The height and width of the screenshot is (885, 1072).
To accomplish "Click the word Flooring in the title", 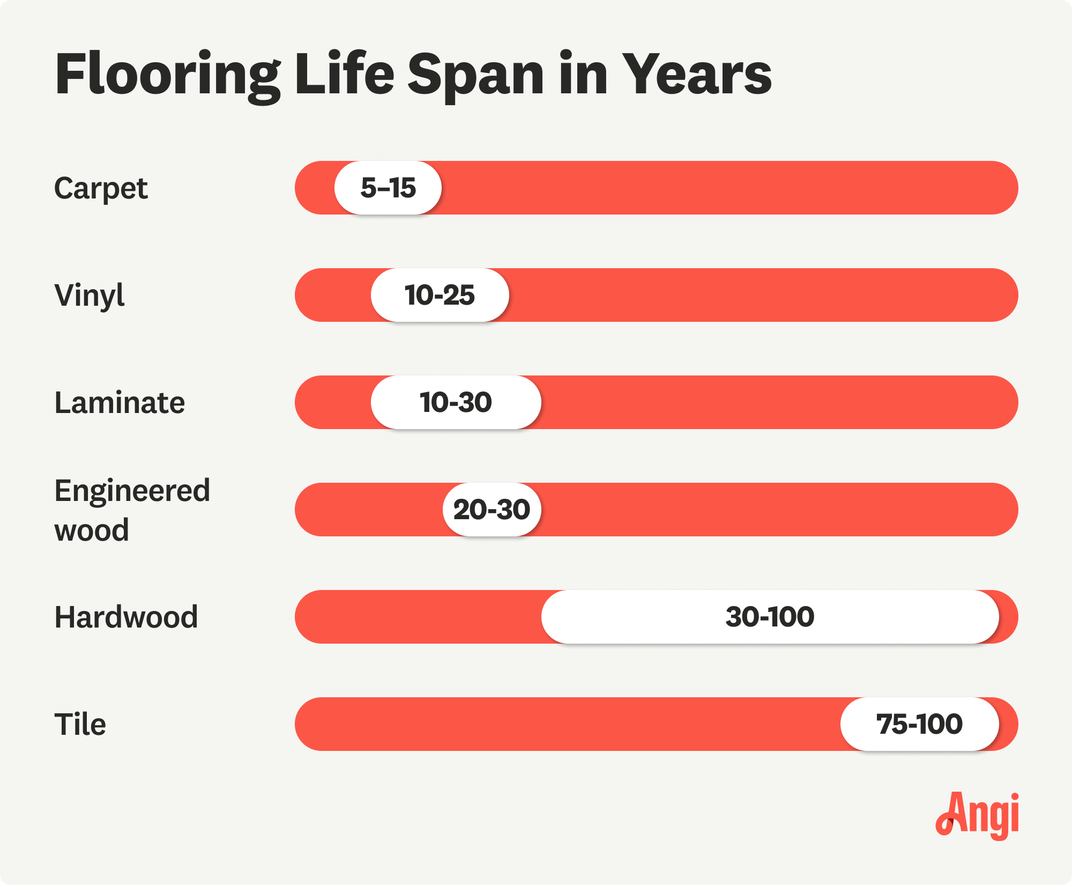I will [167, 75].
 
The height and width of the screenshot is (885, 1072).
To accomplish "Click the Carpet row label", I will [101, 189].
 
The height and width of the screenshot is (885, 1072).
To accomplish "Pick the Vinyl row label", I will [90, 296].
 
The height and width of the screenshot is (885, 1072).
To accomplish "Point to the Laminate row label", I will [120, 403].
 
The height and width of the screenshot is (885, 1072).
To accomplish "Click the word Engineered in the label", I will [132, 491].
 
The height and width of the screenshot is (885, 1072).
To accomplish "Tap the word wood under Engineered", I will [92, 530].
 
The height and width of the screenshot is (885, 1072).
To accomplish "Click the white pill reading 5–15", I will [388, 188].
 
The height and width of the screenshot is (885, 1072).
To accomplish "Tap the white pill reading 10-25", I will [440, 295].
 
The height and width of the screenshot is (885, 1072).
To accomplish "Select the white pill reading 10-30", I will [456, 402].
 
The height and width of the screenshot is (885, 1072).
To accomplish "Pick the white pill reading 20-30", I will [492, 510].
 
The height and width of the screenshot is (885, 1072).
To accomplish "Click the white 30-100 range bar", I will [770, 617].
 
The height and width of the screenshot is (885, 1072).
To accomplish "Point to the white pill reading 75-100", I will [919, 724].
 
